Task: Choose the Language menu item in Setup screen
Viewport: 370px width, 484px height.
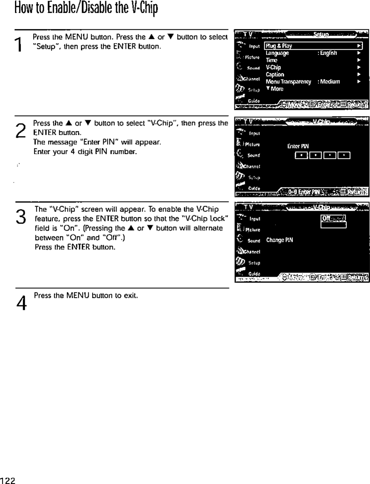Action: coord(277,53)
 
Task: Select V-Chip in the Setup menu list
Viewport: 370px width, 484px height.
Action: coord(273,67)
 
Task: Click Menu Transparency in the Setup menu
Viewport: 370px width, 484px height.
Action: coord(288,81)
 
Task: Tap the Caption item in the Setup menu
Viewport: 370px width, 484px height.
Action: coord(275,74)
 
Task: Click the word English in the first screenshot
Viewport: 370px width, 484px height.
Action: coord(328,53)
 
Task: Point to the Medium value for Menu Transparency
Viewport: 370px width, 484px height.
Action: coord(329,81)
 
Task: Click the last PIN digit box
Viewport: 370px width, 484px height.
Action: coord(344,155)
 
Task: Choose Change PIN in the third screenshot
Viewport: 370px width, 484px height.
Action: coord(280,240)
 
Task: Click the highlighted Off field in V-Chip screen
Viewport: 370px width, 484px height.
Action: coord(333,219)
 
